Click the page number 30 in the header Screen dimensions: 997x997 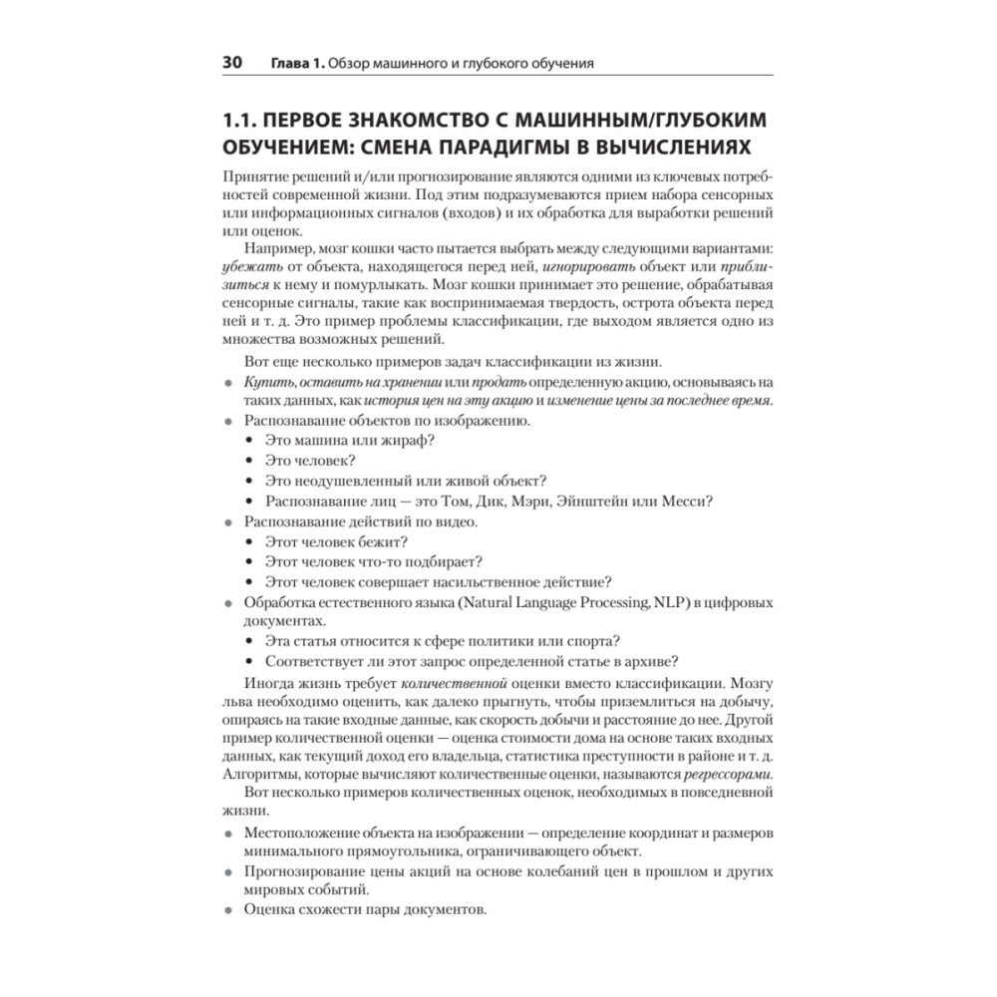click(x=232, y=63)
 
